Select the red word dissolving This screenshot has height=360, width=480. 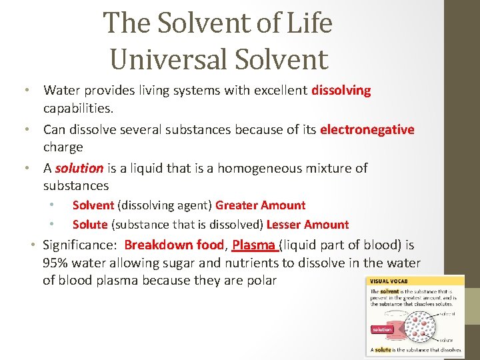pos(341,90)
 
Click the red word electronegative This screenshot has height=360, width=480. pos(367,129)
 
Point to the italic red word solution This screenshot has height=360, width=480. pos(79,168)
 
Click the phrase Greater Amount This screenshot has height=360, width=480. pos(260,205)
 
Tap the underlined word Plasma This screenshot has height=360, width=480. pos(254,245)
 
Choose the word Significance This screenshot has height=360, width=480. pos(79,245)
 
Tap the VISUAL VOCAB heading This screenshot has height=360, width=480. pos(391,281)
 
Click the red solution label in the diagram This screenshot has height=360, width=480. pos(382,329)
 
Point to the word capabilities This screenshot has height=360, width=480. pos(77,107)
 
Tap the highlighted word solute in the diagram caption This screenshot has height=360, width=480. pos(383,349)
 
